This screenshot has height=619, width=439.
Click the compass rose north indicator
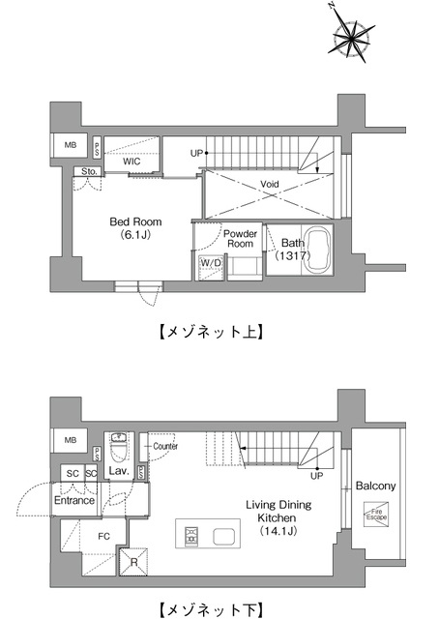(351, 38)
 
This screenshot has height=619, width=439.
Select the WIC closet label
(132, 162)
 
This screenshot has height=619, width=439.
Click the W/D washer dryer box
(210, 263)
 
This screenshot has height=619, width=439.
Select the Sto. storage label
(89, 172)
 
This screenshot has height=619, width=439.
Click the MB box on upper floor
(70, 145)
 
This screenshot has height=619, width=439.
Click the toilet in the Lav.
(120, 449)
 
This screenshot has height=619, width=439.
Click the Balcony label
(375, 486)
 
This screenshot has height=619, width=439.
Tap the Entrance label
(74, 500)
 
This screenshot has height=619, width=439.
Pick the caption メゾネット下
(209, 610)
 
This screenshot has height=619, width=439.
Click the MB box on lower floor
(70, 440)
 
